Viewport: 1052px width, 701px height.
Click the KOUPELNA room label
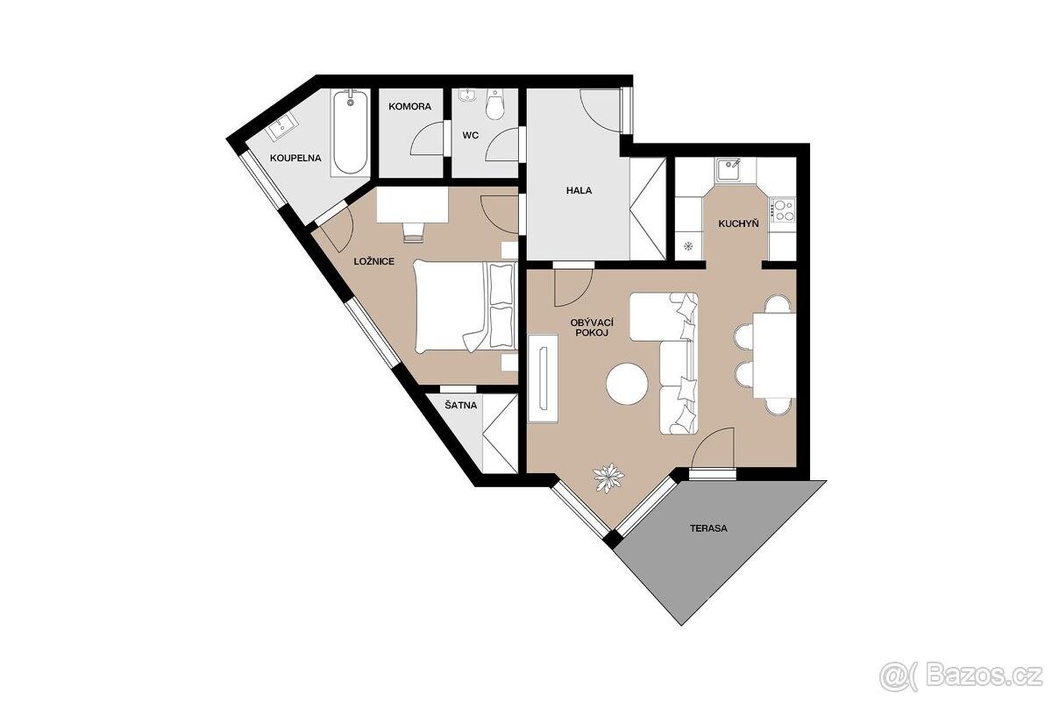295,159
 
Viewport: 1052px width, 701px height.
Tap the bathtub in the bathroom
351,133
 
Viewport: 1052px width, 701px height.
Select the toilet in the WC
494,104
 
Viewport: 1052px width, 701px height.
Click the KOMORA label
409,107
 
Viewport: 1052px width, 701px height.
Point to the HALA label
579,191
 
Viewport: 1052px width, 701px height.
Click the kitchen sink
729,171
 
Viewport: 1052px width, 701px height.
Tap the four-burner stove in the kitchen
782,210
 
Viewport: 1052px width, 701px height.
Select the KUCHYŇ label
738,224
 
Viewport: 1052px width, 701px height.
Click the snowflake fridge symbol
688,246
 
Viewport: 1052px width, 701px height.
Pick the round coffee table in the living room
627,384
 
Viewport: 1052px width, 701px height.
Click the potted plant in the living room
608,478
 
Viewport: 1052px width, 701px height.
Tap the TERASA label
708,528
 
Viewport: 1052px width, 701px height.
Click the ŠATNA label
461,405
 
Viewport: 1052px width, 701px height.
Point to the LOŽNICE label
373,261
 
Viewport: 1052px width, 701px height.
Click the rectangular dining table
774,356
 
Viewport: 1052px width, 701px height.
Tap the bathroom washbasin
282,126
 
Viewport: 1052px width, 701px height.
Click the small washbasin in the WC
466,96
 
